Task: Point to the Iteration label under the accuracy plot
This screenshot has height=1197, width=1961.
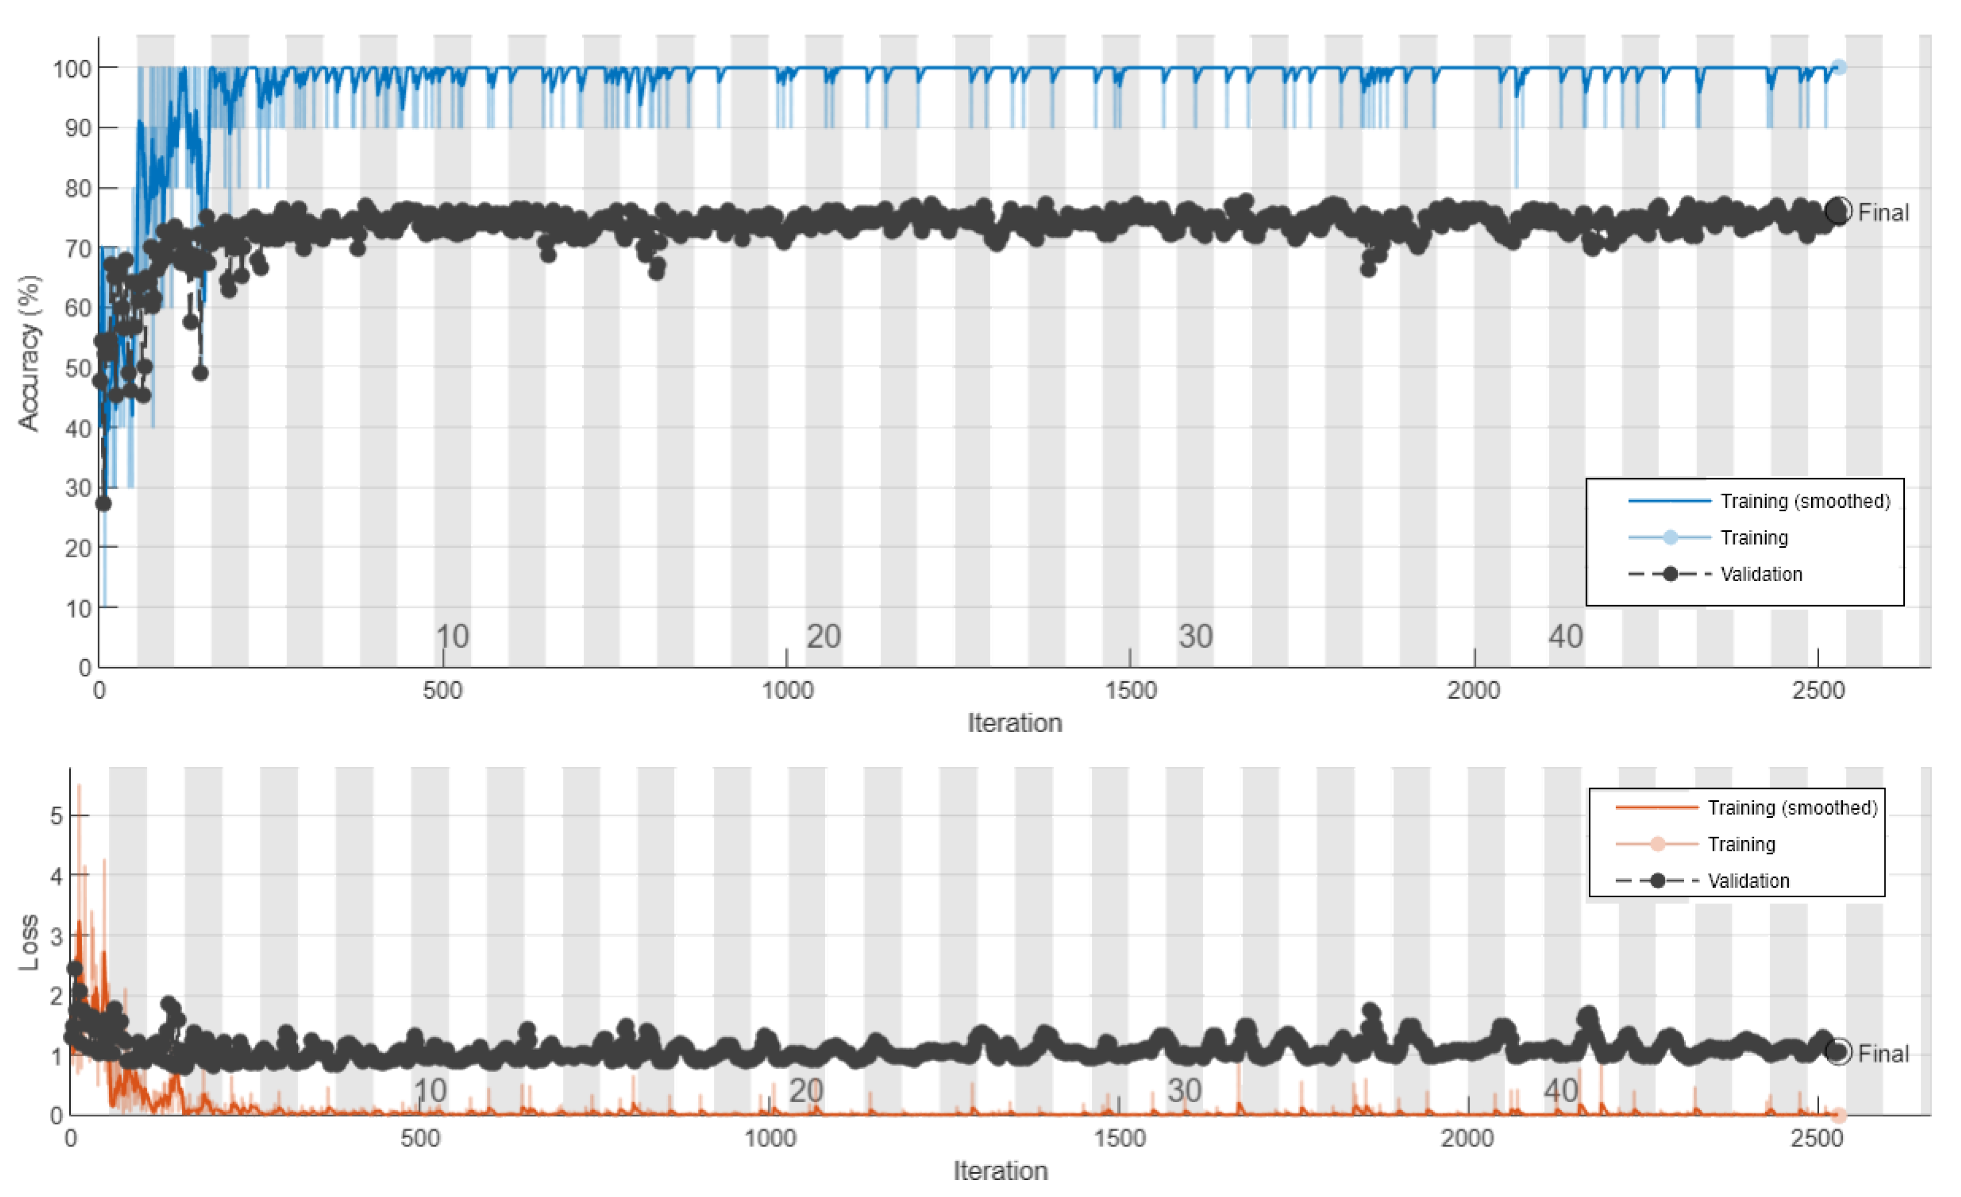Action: tap(1014, 723)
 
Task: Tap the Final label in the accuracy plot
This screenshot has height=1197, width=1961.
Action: tap(1883, 212)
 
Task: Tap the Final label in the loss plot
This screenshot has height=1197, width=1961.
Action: tap(1883, 1054)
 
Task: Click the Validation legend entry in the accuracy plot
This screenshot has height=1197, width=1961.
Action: tap(1761, 574)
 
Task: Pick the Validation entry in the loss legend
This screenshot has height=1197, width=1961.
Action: tap(1748, 881)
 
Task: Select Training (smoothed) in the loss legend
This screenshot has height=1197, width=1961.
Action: tap(1791, 808)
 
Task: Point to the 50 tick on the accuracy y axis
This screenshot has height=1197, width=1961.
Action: tap(77, 368)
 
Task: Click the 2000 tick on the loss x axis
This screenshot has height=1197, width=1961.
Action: tap(1467, 1138)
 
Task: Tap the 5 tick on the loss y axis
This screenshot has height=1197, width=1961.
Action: tap(56, 816)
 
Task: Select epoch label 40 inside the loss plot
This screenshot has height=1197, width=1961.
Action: tap(1560, 1090)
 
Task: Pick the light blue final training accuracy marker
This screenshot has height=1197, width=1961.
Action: tap(1838, 68)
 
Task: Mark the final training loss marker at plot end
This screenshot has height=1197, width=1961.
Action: tap(1838, 1115)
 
